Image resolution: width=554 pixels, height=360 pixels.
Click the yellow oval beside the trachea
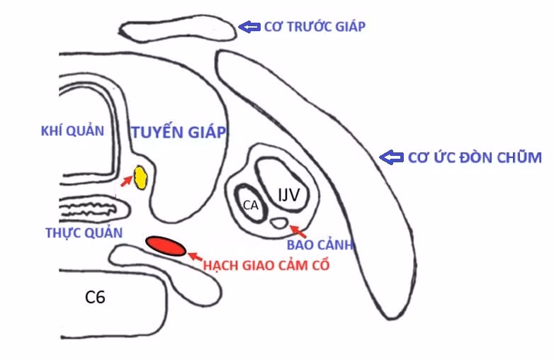[x=140, y=178]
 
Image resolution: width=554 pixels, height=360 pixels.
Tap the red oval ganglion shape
[x=166, y=246]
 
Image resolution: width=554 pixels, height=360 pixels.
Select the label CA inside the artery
[x=251, y=205]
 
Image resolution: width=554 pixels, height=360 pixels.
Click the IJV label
[x=288, y=194]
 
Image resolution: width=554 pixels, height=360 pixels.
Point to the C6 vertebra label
[x=95, y=297]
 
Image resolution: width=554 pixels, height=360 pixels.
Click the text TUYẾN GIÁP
[x=179, y=132]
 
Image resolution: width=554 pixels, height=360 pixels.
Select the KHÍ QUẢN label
[x=72, y=131]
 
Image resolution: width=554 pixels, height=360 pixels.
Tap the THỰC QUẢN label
[x=84, y=233]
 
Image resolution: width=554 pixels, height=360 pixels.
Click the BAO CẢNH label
[x=320, y=244]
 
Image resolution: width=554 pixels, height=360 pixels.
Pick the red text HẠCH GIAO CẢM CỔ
[x=266, y=265]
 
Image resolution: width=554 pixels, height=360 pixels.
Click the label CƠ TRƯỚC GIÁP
[x=315, y=26]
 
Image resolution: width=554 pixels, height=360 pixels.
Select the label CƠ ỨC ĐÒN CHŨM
[x=475, y=157]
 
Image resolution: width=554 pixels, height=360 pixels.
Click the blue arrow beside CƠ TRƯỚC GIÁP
[x=249, y=26]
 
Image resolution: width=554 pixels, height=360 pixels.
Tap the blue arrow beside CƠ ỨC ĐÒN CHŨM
[x=392, y=157]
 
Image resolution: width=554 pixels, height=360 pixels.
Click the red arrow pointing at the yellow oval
[x=126, y=181]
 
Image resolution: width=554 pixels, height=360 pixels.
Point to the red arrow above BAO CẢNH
[x=298, y=231]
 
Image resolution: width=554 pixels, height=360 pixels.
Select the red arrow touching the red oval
[x=195, y=256]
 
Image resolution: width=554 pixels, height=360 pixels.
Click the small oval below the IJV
[x=278, y=223]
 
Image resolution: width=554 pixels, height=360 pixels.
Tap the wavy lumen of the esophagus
[x=89, y=209]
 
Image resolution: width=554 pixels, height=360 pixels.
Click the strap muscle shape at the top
[x=178, y=28]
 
